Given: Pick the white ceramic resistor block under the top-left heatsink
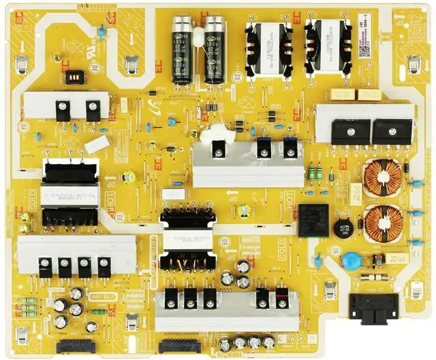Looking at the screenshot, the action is coord(97,144).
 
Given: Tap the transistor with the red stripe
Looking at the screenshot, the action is coord(281,297).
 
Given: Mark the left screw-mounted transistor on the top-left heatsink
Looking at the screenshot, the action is coord(63,109).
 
